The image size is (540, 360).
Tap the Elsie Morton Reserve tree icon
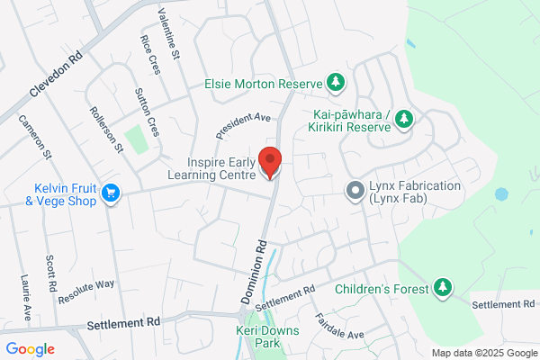(x=336, y=84)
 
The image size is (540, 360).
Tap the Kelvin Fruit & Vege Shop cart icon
(x=112, y=193)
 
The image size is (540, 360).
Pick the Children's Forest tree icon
(x=442, y=288)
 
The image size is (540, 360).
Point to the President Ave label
(x=243, y=125)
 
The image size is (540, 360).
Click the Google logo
(x=30, y=348)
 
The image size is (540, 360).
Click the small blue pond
(x=500, y=193)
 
